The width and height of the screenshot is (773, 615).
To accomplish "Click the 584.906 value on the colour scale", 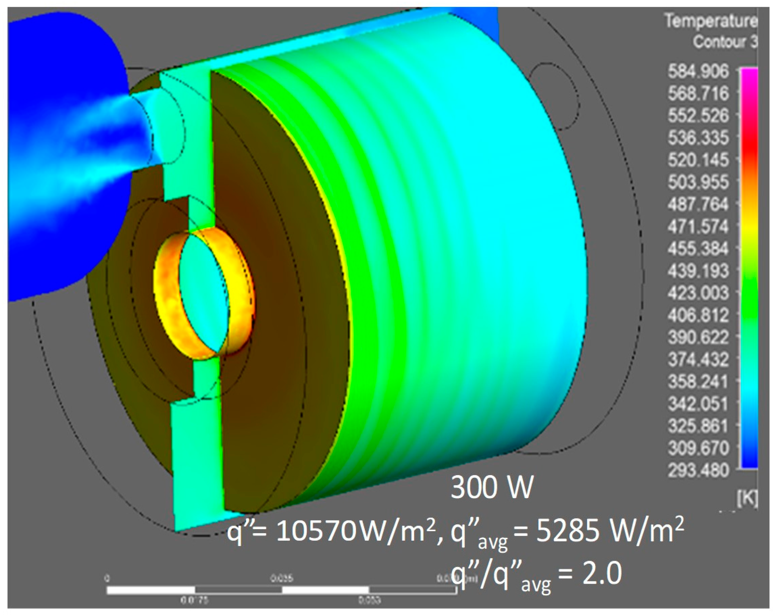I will [698, 72].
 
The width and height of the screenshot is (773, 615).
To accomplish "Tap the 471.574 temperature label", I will [698, 226].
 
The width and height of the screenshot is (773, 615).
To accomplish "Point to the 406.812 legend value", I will [698, 316].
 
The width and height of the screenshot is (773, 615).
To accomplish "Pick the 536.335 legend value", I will [698, 138].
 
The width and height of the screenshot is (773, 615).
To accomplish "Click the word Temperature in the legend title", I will [711, 21].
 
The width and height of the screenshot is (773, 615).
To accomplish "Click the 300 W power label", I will [492, 488].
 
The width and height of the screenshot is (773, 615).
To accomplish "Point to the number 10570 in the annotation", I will [316, 532].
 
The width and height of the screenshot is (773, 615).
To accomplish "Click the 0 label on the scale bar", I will [107, 579].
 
